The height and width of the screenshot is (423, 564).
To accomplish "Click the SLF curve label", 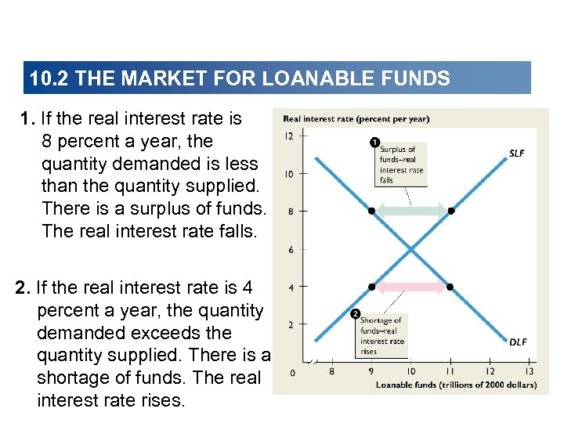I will pos(516,154).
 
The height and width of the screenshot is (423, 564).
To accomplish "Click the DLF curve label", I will pos(518,342).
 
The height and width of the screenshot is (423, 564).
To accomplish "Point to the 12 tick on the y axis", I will pos(289,136).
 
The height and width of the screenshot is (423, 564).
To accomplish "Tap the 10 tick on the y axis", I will pos(289,174).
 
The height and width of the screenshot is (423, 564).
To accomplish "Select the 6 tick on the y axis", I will pos(291,249).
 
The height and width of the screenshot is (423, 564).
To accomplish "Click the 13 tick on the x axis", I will pos(530,371).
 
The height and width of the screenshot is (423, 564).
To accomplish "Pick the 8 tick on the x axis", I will pos(331,371).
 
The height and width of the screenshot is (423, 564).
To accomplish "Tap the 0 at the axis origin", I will pos(293,373).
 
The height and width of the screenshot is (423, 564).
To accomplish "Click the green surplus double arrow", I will pos(411,211).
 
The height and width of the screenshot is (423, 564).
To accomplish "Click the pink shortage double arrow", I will pos(411,287).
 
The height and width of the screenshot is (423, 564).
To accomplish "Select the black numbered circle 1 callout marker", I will pos(374,143).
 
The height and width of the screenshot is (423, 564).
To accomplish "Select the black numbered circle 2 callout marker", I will pos(354,315).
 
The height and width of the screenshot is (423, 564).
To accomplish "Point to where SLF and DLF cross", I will pos(411,249).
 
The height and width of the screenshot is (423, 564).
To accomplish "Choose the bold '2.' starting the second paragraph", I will pos(23,288).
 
